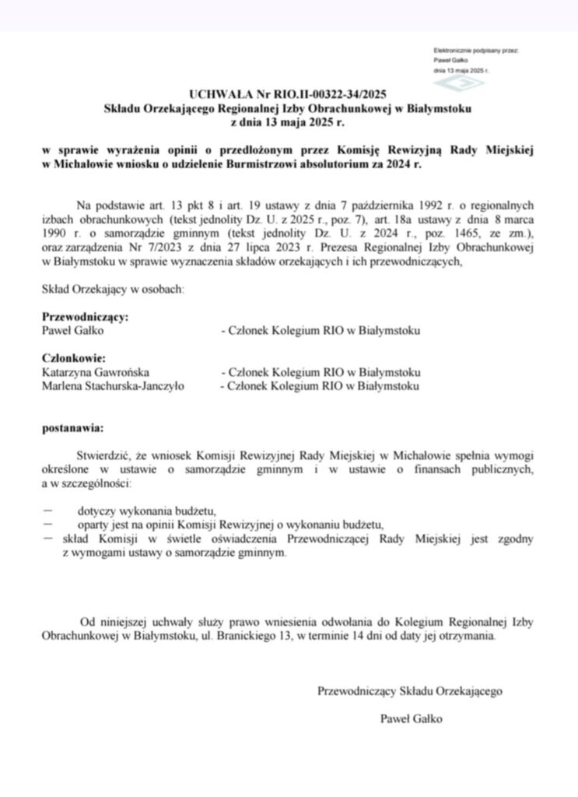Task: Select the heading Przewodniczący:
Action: point(85,318)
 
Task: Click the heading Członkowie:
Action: point(73,358)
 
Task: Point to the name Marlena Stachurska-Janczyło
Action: point(113,386)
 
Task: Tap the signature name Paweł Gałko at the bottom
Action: point(412,718)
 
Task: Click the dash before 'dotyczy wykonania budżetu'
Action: point(49,511)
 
